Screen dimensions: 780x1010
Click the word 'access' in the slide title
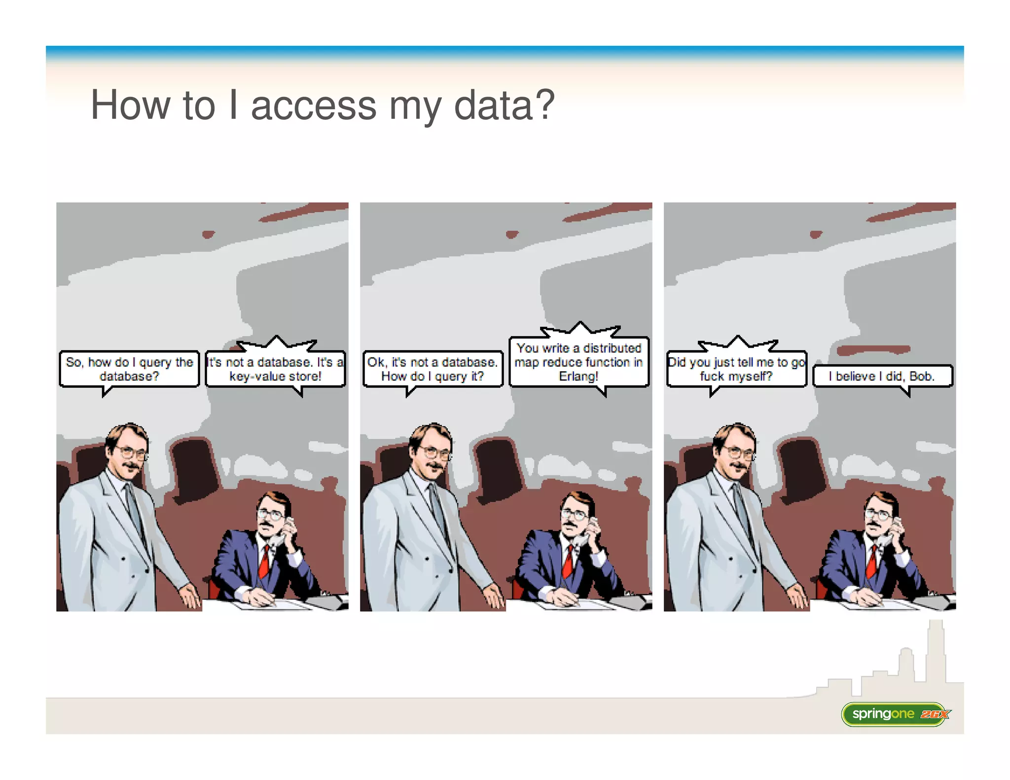[x=314, y=106]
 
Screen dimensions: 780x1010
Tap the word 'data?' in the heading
[x=504, y=106]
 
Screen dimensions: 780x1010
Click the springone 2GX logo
[x=896, y=714]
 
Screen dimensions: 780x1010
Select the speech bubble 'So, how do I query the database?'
[x=129, y=369]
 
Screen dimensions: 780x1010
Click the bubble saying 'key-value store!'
[x=275, y=369]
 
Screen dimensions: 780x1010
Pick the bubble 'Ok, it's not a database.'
[x=433, y=369]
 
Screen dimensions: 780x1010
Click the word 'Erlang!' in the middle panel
[x=578, y=376]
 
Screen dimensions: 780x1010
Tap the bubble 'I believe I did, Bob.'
[x=882, y=376]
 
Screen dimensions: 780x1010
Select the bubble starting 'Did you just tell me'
[x=736, y=369]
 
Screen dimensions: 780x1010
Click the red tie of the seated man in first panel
[x=264, y=562]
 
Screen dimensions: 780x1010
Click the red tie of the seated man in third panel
[x=872, y=562]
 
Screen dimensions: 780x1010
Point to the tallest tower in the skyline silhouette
[x=936, y=651]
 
